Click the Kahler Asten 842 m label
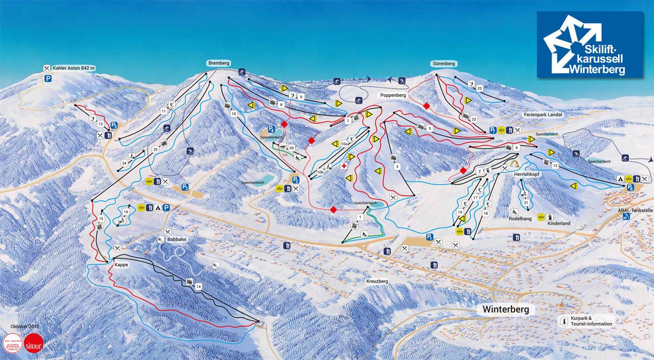point(75,68)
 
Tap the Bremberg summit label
point(219,63)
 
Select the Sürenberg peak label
point(445,64)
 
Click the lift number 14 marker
point(199,287)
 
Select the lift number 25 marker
point(155,150)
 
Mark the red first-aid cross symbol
point(344,166)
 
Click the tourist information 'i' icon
point(563,321)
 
